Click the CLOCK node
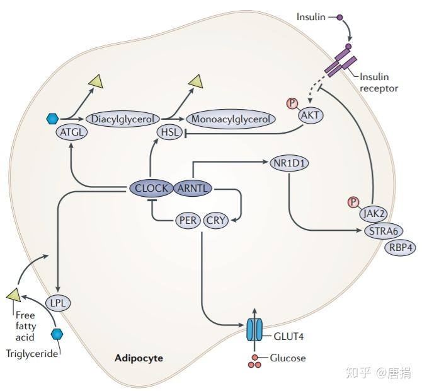pos(151,188)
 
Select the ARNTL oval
pos(193,188)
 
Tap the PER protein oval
pos(188,221)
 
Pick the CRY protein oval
pos(216,221)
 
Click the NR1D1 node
pos(289,163)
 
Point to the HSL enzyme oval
pos(170,132)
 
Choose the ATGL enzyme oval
pos(72,132)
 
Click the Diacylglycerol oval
pos(123,119)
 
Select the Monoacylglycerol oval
pos(231,119)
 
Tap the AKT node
pos(311,115)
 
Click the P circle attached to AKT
pos(292,103)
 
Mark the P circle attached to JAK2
pos(353,202)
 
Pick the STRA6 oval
pos(384,231)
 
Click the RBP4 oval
pos(401,247)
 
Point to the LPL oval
pos(58,303)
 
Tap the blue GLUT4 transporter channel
pos(254,329)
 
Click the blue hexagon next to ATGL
pos(52,119)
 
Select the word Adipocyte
pos(139,358)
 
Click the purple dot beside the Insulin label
pos(339,18)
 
